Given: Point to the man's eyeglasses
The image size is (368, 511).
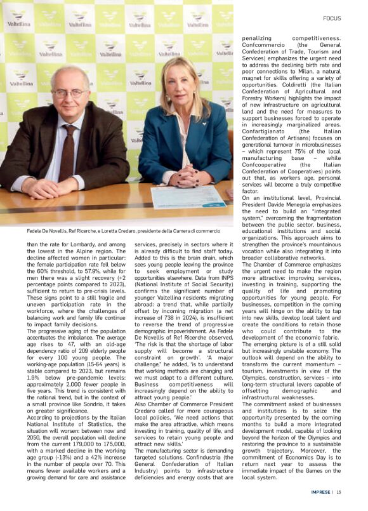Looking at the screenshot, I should coord(69,93).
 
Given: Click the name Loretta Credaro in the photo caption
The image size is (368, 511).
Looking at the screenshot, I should coord(132,231).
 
